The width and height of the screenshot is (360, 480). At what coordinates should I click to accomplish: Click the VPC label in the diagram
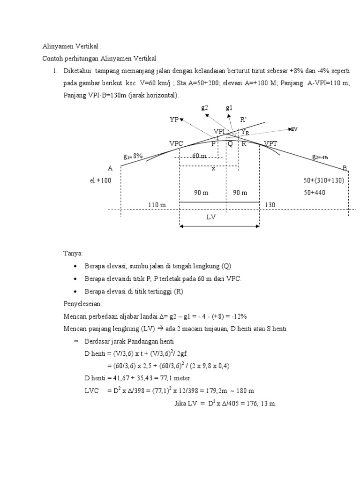click(176, 143)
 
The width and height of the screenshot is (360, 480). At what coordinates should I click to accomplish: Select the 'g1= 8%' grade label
click(133, 156)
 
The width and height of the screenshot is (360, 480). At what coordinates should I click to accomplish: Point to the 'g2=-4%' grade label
click(320, 157)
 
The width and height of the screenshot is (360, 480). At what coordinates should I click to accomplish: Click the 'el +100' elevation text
click(100, 180)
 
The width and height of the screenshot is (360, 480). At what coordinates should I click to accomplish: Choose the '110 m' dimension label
click(157, 205)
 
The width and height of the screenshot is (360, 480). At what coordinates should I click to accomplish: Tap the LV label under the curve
click(212, 217)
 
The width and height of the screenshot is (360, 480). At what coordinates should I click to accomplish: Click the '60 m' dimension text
click(199, 156)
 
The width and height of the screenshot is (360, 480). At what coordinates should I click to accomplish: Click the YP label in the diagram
click(174, 120)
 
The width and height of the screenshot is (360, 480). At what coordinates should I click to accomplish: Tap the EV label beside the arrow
click(294, 129)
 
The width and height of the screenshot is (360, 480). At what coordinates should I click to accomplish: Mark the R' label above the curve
click(243, 120)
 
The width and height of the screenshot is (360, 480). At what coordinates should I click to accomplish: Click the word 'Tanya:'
click(73, 254)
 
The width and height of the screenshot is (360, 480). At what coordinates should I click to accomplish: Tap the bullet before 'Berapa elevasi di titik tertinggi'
click(76, 292)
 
